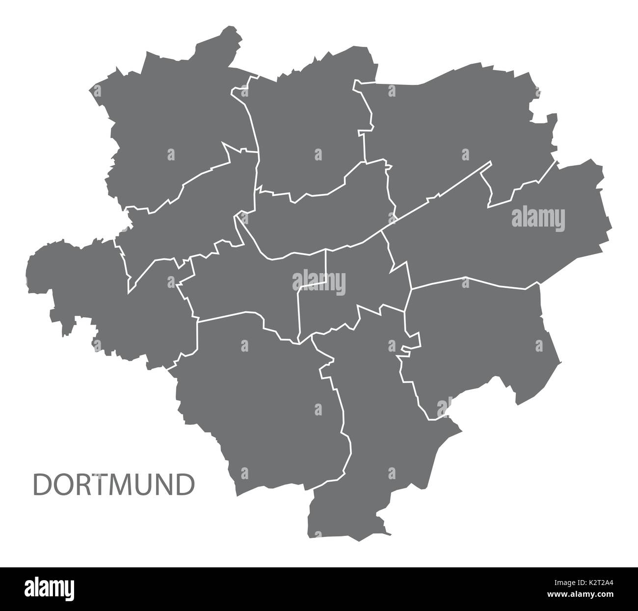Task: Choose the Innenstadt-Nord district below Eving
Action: click(324, 216)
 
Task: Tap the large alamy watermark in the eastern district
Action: click(538, 218)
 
